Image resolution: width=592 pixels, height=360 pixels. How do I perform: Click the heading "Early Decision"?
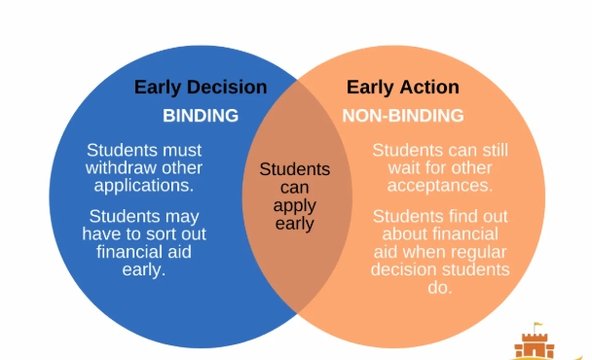coord(200,87)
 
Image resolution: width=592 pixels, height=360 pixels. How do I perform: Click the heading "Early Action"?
coord(402,87)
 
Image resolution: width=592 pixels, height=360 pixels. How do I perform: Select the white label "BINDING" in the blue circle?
coord(200,116)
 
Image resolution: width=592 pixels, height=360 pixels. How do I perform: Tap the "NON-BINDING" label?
coord(402,116)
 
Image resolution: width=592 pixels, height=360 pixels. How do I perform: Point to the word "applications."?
coord(144,185)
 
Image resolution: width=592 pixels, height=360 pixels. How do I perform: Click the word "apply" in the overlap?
coord(294,206)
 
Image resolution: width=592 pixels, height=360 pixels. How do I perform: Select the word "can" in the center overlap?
coord(294,188)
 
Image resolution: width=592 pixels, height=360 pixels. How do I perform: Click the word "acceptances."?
coord(439,185)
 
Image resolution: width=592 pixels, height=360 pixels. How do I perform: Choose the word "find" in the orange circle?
coord(460,216)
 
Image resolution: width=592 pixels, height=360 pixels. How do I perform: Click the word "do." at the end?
coord(439,288)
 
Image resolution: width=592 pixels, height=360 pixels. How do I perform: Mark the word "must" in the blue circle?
coord(182,150)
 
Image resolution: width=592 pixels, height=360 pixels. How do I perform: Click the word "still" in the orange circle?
coord(490,150)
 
